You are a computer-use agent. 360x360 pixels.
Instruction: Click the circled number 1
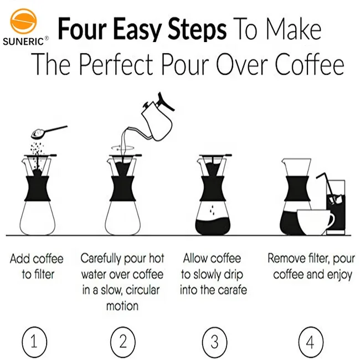coord(34,341)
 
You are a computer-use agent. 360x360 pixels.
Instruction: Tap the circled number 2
coord(122,341)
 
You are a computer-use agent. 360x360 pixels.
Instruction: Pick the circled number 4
coord(310,341)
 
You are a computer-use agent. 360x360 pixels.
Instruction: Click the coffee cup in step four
coord(316,222)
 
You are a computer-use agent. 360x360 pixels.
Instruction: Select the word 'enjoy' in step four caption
coord(338,274)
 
